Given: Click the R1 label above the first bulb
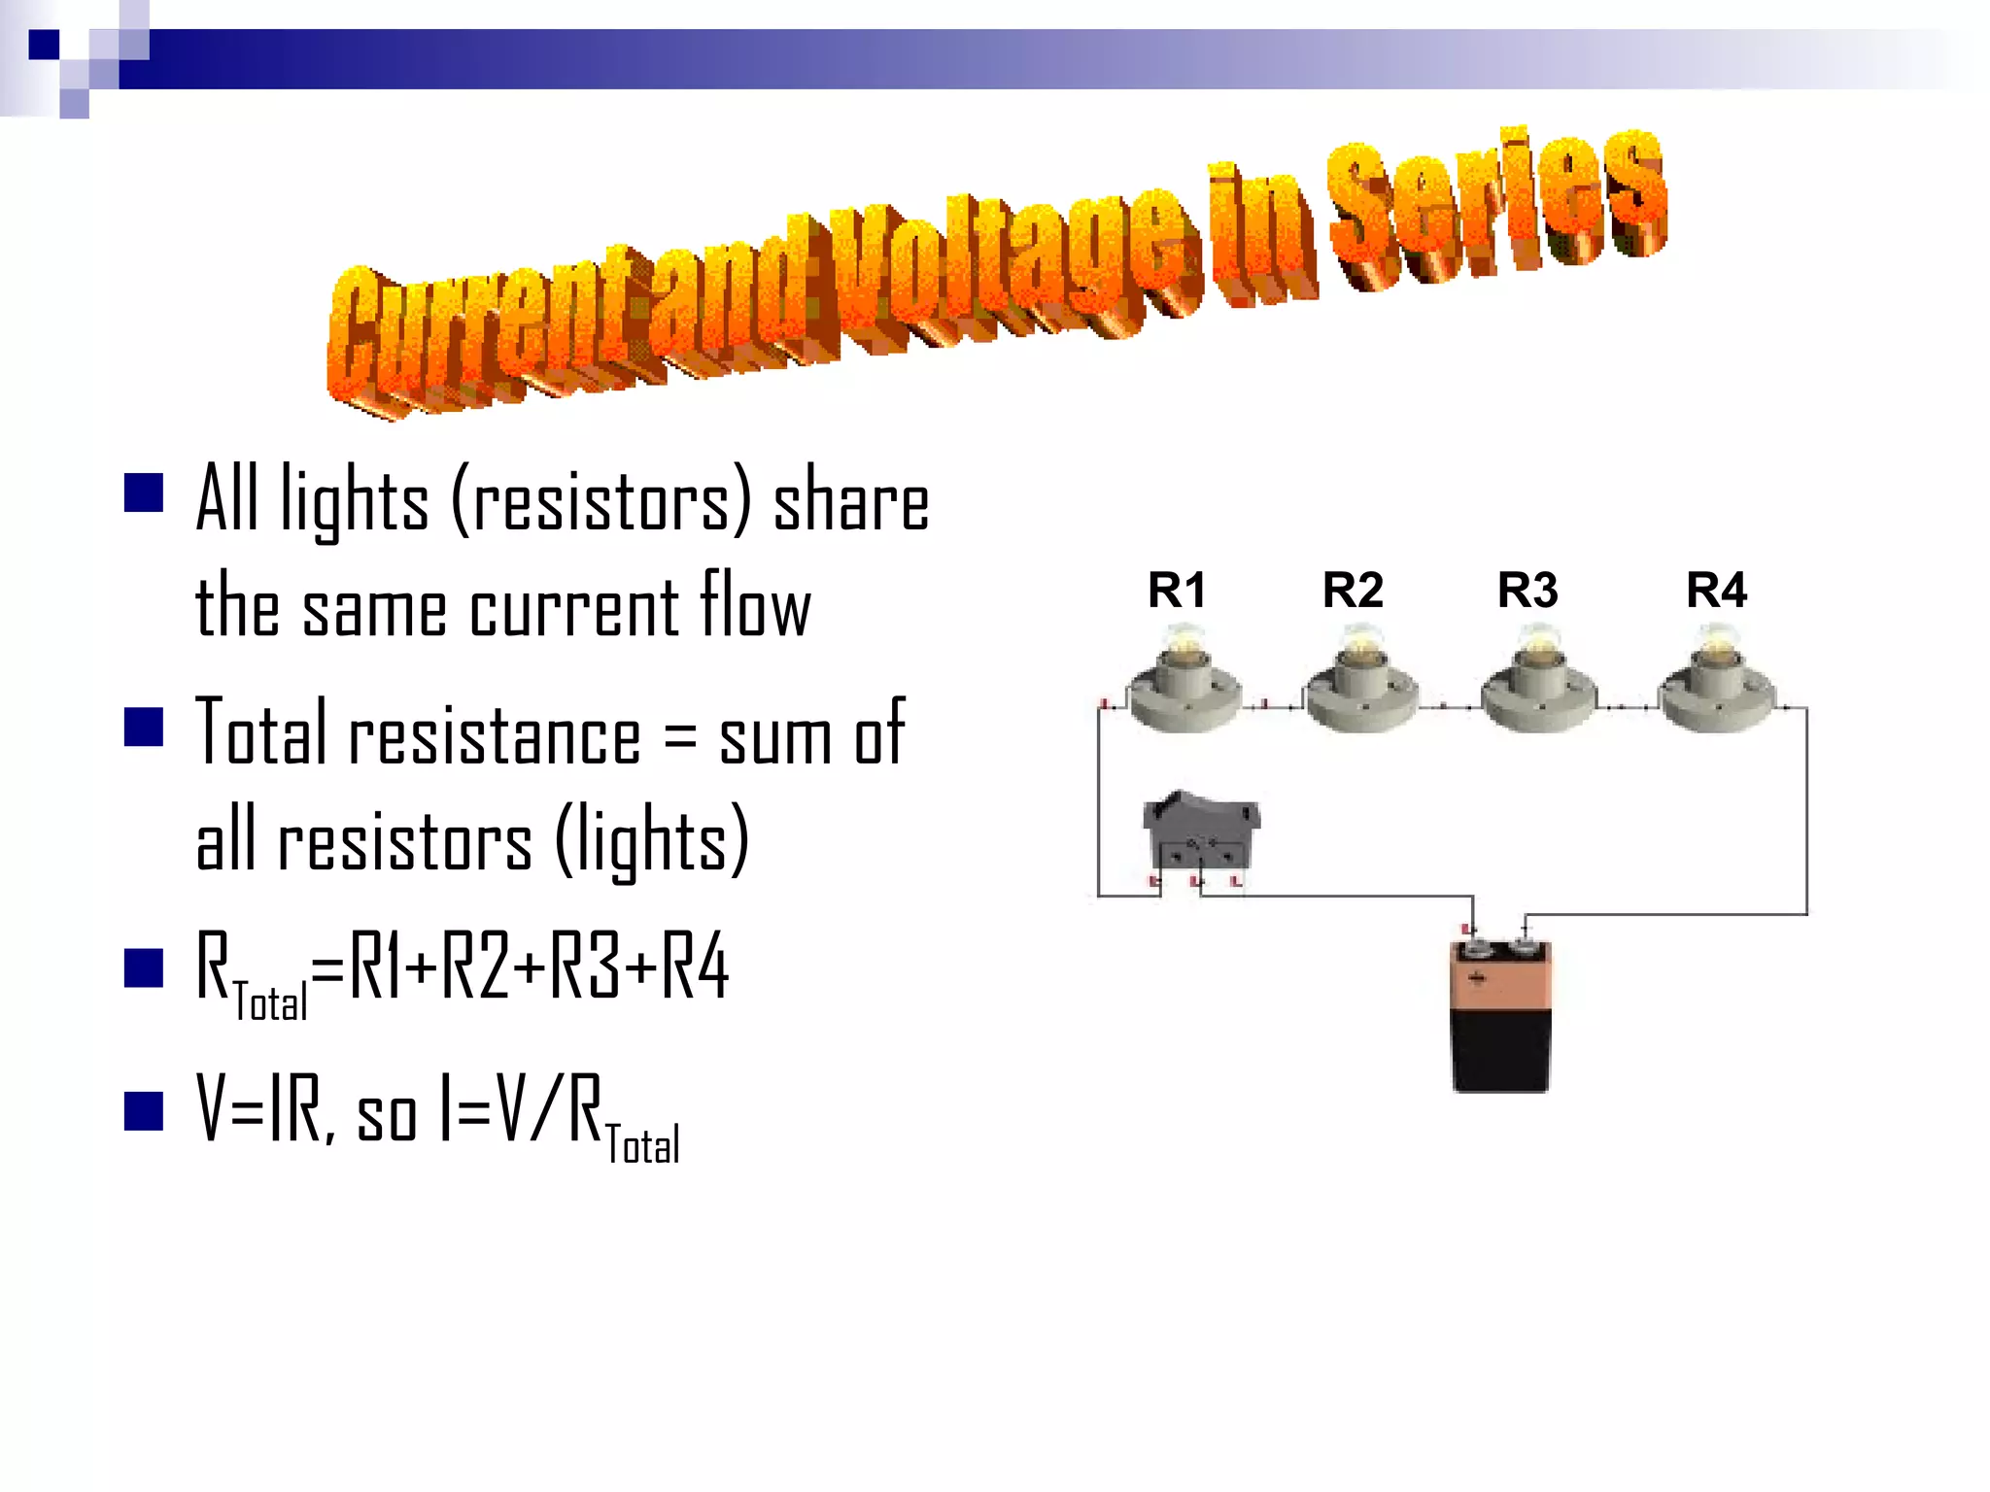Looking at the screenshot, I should pos(1176,590).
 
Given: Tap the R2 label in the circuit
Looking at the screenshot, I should pos(1352,590).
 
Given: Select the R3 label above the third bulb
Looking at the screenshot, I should pos(1527,590).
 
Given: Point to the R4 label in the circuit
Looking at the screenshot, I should pos(1716,590).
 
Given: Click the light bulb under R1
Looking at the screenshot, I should pos(1183,680).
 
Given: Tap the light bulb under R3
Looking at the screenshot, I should pos(1537,680).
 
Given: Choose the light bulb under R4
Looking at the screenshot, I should pos(1716,680).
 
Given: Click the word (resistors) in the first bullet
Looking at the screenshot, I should pos(601,500).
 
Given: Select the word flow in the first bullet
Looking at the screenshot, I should pos(755,607).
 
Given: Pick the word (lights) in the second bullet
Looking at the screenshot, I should pos(652,841).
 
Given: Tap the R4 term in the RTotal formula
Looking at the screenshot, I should pos(695,967).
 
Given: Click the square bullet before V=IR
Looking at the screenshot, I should pos(144,1111).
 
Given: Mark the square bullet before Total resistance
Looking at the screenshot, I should pos(144,727).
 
